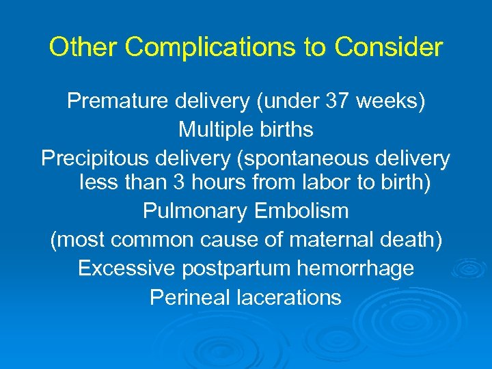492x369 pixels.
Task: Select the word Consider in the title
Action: pos(389,48)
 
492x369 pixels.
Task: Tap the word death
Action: pos(411,240)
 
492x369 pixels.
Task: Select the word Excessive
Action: pos(127,269)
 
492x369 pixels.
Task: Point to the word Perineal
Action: pos(188,297)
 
